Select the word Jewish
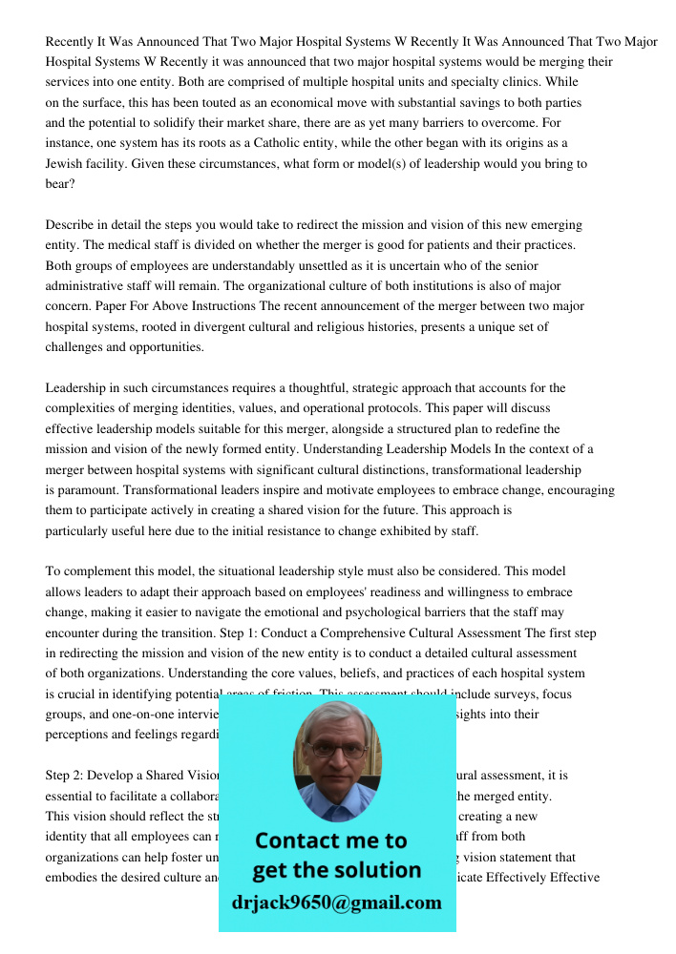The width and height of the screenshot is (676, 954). click(66, 163)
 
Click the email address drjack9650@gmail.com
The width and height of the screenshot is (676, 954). click(337, 902)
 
